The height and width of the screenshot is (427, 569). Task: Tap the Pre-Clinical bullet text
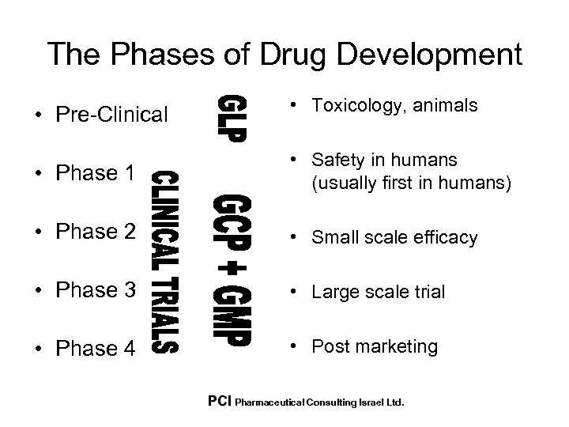[112, 115]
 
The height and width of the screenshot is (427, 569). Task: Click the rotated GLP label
[233, 118]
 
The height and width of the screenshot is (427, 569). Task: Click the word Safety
[335, 161]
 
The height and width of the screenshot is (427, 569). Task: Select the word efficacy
[449, 237]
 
